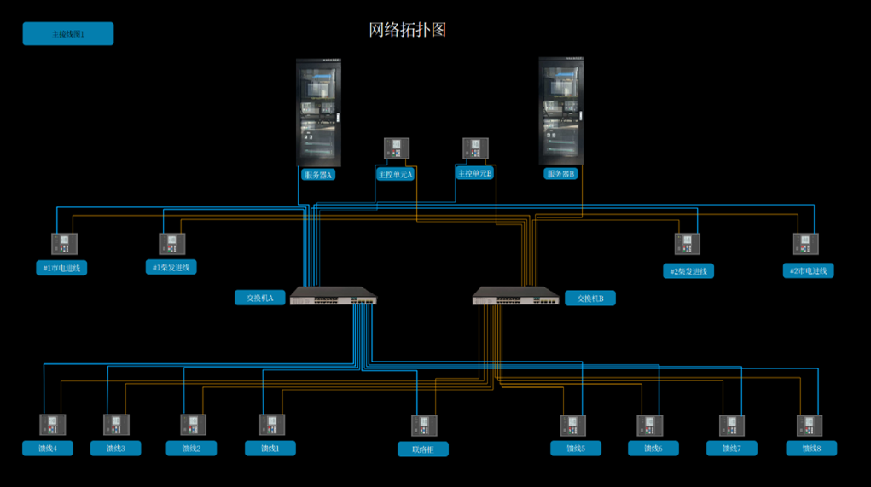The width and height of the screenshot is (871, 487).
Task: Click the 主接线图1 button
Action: pyautogui.click(x=67, y=34)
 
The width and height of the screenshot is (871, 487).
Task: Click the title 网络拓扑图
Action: pyautogui.click(x=407, y=30)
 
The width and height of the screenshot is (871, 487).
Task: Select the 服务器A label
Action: pyautogui.click(x=317, y=174)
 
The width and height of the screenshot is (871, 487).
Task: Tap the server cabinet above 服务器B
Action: pyautogui.click(x=560, y=111)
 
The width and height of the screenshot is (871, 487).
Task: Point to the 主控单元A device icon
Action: pyautogui.click(x=396, y=149)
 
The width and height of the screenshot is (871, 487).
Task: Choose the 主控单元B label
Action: pyautogui.click(x=474, y=173)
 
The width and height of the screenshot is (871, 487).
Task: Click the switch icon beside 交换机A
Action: pyautogui.click(x=334, y=296)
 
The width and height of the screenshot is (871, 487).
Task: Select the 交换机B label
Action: pyautogui.click(x=589, y=299)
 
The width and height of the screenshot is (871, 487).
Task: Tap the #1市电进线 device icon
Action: pyautogui.click(x=64, y=244)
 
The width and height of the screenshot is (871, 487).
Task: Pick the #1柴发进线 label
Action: pyautogui.click(x=171, y=267)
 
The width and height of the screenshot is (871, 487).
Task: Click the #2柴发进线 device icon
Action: pyautogui.click(x=687, y=244)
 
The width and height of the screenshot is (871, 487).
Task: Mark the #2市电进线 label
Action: pyautogui.click(x=808, y=270)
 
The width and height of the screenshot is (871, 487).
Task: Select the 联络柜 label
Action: pyautogui.click(x=422, y=449)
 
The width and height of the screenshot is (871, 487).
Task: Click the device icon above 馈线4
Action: pyautogui.click(x=52, y=425)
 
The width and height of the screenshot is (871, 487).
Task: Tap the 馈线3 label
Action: pyautogui.click(x=115, y=448)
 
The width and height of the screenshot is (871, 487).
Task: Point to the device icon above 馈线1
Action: pyautogui.click(x=272, y=425)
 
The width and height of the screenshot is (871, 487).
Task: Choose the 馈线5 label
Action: pyautogui.click(x=575, y=448)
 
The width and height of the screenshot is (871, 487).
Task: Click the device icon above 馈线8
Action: pyautogui.click(x=810, y=425)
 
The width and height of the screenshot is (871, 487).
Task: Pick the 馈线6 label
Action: pyautogui.click(x=653, y=448)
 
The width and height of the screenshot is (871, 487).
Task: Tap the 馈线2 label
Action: pyautogui.click(x=191, y=448)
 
